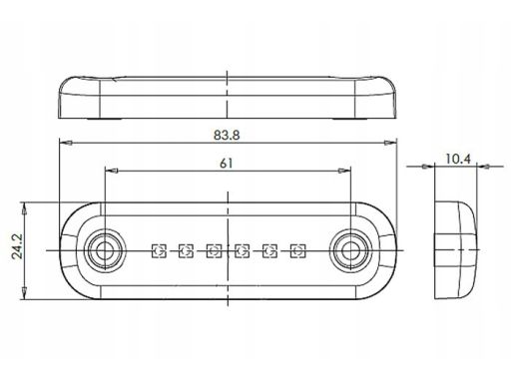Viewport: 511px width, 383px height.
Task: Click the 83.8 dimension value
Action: coord(227,135)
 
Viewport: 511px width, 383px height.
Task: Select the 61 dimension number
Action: coord(227,164)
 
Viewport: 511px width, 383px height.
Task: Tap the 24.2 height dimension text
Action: coord(17,246)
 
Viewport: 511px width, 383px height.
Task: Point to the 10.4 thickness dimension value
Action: coord(458,160)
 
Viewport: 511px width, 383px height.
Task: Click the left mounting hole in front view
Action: coord(105,251)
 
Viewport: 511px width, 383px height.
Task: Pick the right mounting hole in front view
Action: coord(350,251)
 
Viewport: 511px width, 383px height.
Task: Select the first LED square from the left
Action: coord(159,250)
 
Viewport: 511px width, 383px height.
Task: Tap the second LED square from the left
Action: coord(187,250)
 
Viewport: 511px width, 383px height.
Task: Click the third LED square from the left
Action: coord(214,250)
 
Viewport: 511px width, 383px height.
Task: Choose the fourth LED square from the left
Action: coord(242,250)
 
